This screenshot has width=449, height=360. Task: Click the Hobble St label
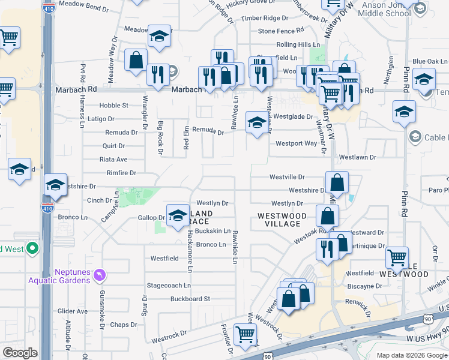click(x=113, y=106)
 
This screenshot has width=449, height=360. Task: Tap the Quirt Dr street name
click(x=113, y=146)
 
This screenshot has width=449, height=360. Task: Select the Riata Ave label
click(x=113, y=160)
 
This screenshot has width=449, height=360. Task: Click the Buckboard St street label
click(x=190, y=299)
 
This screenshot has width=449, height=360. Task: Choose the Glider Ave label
click(x=72, y=311)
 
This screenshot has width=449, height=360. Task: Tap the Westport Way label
click(x=296, y=143)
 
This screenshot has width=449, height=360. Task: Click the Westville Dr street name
click(x=287, y=178)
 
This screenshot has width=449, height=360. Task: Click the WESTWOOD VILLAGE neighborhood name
click(x=282, y=220)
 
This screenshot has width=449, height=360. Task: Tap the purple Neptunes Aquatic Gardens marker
click(x=100, y=275)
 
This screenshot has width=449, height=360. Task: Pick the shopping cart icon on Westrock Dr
click(x=245, y=334)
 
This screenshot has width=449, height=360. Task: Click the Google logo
click(x=20, y=353)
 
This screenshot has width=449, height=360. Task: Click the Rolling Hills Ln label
click(x=298, y=45)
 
